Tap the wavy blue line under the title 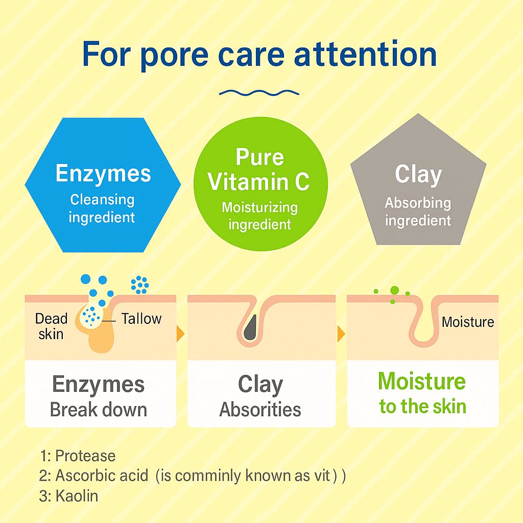[258, 92]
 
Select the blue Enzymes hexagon [103, 185]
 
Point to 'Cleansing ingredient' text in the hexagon [102, 208]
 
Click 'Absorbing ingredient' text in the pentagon [418, 212]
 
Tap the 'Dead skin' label [51, 326]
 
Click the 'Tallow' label [141, 319]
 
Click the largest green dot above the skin [394, 291]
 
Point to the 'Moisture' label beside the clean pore [468, 322]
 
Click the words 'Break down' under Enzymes [99, 410]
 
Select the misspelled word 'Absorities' [260, 410]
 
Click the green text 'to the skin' [422, 407]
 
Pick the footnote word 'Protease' [85, 456]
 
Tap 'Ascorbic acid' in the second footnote [102, 476]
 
